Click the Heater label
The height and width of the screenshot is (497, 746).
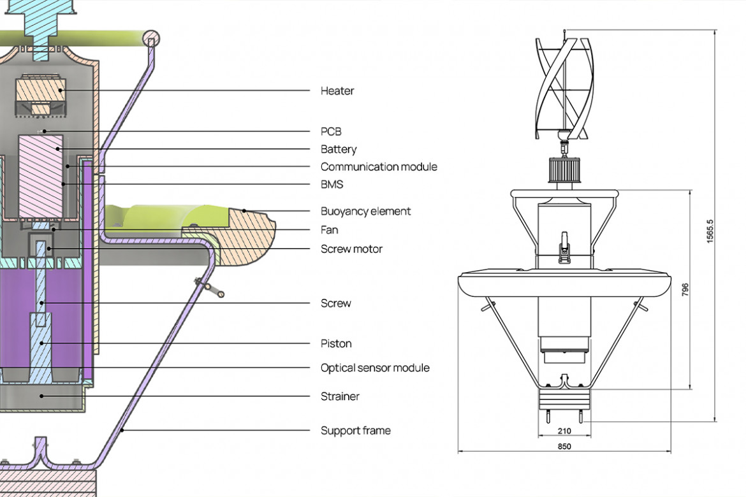337,91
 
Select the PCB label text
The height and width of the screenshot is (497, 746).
331,132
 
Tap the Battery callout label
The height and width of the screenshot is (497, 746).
338,150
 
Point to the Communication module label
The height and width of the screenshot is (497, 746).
379,167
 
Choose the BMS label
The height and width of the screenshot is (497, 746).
332,185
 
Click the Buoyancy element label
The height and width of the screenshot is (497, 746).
365,212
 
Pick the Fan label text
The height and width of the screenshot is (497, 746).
329,230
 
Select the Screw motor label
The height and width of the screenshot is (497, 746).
351,249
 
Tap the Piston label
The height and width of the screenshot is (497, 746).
336,344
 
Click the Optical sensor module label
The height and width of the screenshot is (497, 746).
375,368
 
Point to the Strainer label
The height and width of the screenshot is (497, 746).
340,397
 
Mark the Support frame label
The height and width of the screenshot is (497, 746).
355,431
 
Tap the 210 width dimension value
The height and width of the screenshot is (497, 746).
564,431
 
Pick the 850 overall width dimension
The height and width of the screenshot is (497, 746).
564,447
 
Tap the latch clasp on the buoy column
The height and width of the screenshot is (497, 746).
564,245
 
